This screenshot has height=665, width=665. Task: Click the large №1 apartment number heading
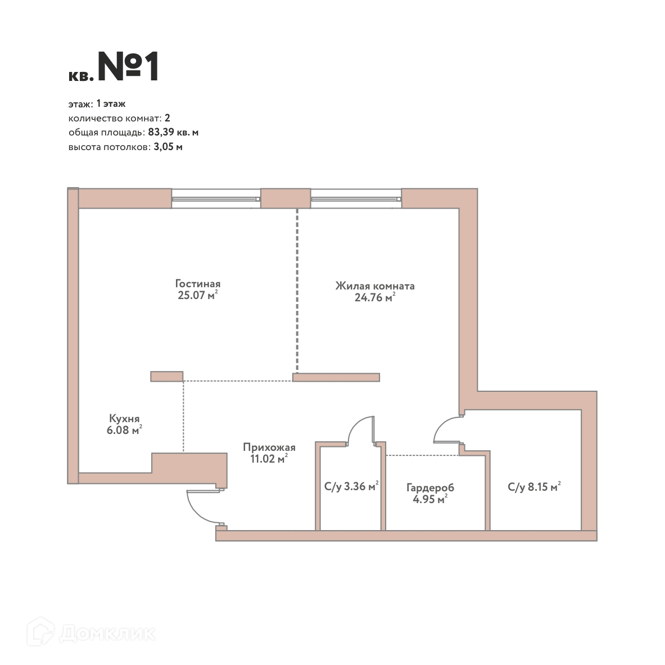(x=129, y=66)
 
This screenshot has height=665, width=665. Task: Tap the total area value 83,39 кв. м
(x=173, y=132)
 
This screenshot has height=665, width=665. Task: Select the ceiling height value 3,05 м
(x=168, y=147)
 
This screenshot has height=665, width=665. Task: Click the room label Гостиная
(x=198, y=283)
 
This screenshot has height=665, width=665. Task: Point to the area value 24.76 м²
(x=374, y=297)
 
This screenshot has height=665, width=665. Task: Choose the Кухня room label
(x=124, y=419)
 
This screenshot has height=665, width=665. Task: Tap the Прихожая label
(x=269, y=447)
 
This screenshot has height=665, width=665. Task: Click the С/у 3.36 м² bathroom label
(x=351, y=486)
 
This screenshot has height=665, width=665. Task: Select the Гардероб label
(x=430, y=488)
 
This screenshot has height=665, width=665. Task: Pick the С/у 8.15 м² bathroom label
(x=534, y=486)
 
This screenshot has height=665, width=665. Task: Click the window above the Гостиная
(x=216, y=198)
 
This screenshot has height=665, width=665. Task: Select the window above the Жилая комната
(x=356, y=198)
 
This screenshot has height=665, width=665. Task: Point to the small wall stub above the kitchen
(x=167, y=376)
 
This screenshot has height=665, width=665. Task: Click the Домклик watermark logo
(x=91, y=633)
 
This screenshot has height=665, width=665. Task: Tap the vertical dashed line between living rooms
(x=297, y=290)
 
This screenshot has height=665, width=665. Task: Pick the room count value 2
(x=167, y=118)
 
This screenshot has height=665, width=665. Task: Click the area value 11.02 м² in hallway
(x=269, y=459)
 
